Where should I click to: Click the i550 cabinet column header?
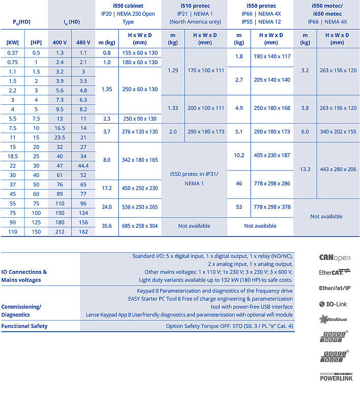pos(129,5)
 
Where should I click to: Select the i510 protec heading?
pos(194,5)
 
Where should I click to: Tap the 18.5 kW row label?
pos(13,156)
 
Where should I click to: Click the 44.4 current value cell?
pos(83,166)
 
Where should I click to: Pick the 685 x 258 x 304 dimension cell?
pos(140,226)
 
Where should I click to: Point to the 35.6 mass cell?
pos(107,226)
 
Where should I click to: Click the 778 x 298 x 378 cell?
pos(272,208)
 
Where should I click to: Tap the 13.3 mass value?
pos(305,169)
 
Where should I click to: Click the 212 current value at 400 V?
pos(59,232)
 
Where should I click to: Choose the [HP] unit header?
pos(36,42)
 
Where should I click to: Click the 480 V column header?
pos(83,42)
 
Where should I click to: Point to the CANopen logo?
pos(335,258)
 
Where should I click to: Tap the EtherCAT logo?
pos(335,273)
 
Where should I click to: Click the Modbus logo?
pos(335,319)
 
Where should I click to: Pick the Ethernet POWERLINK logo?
pos(336,376)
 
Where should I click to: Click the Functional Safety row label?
pos(24,326)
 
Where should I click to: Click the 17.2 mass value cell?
pos(107,188)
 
